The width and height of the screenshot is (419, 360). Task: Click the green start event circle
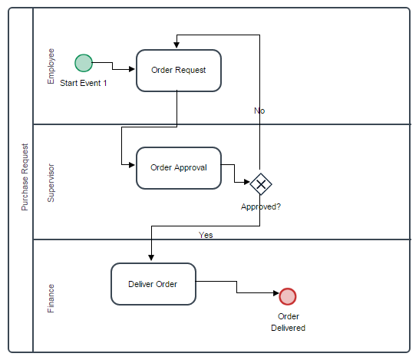(x=84, y=63)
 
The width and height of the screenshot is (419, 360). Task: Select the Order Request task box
(x=179, y=71)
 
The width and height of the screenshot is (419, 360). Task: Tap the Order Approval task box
(x=179, y=168)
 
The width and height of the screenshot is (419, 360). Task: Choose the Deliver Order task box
(x=153, y=284)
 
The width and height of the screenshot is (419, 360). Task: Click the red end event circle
(x=288, y=296)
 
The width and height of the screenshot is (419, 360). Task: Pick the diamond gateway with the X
(x=261, y=184)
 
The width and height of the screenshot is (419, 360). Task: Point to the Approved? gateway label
(x=261, y=206)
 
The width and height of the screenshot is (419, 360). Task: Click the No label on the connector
(x=259, y=111)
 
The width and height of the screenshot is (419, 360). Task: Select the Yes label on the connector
(x=206, y=235)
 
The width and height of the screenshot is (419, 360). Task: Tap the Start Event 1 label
(x=84, y=83)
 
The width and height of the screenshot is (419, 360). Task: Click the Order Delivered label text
(x=288, y=322)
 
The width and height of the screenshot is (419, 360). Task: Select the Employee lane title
(x=51, y=66)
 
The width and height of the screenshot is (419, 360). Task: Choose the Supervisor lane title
(x=51, y=183)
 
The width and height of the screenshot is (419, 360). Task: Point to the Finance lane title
(x=51, y=299)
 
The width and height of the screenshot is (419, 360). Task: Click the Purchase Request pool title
(x=25, y=177)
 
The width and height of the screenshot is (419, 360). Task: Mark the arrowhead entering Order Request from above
(x=177, y=45)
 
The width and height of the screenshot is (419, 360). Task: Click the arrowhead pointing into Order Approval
(x=132, y=165)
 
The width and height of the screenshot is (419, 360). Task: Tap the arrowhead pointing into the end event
(x=276, y=293)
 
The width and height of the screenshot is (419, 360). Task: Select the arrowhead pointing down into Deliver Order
(x=151, y=258)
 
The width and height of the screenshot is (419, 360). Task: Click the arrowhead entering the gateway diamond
(x=247, y=182)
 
